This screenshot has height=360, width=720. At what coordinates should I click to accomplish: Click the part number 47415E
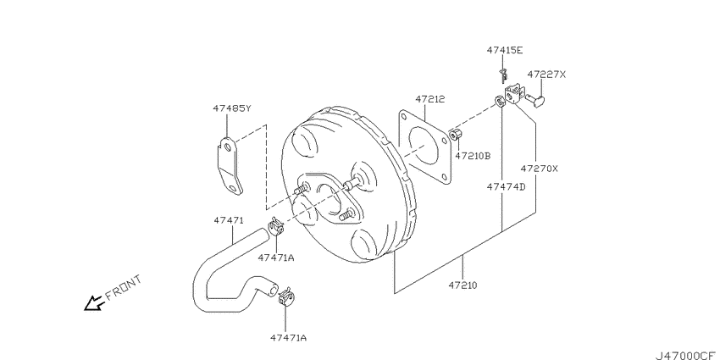point(504,51)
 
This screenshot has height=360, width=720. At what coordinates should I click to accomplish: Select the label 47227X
point(546,75)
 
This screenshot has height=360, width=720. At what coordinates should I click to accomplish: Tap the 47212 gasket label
point(430,99)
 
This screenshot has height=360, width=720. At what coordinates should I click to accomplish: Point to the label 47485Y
point(232,108)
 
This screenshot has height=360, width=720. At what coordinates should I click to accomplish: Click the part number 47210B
point(473,156)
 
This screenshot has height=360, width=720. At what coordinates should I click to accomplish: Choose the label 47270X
point(539,169)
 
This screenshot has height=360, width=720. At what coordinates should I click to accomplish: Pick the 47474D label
point(506,187)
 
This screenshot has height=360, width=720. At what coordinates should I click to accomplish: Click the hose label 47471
point(228,220)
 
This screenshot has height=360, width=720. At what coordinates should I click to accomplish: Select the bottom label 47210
point(462,285)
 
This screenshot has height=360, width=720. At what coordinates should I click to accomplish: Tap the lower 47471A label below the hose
point(288,338)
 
